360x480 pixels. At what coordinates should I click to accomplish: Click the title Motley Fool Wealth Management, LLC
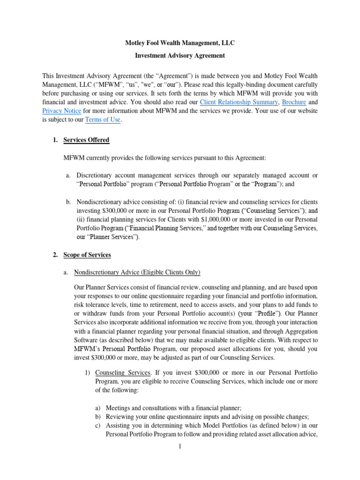180,43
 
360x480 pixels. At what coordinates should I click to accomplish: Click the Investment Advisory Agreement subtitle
180,55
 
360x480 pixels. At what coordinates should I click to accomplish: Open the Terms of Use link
103,120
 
